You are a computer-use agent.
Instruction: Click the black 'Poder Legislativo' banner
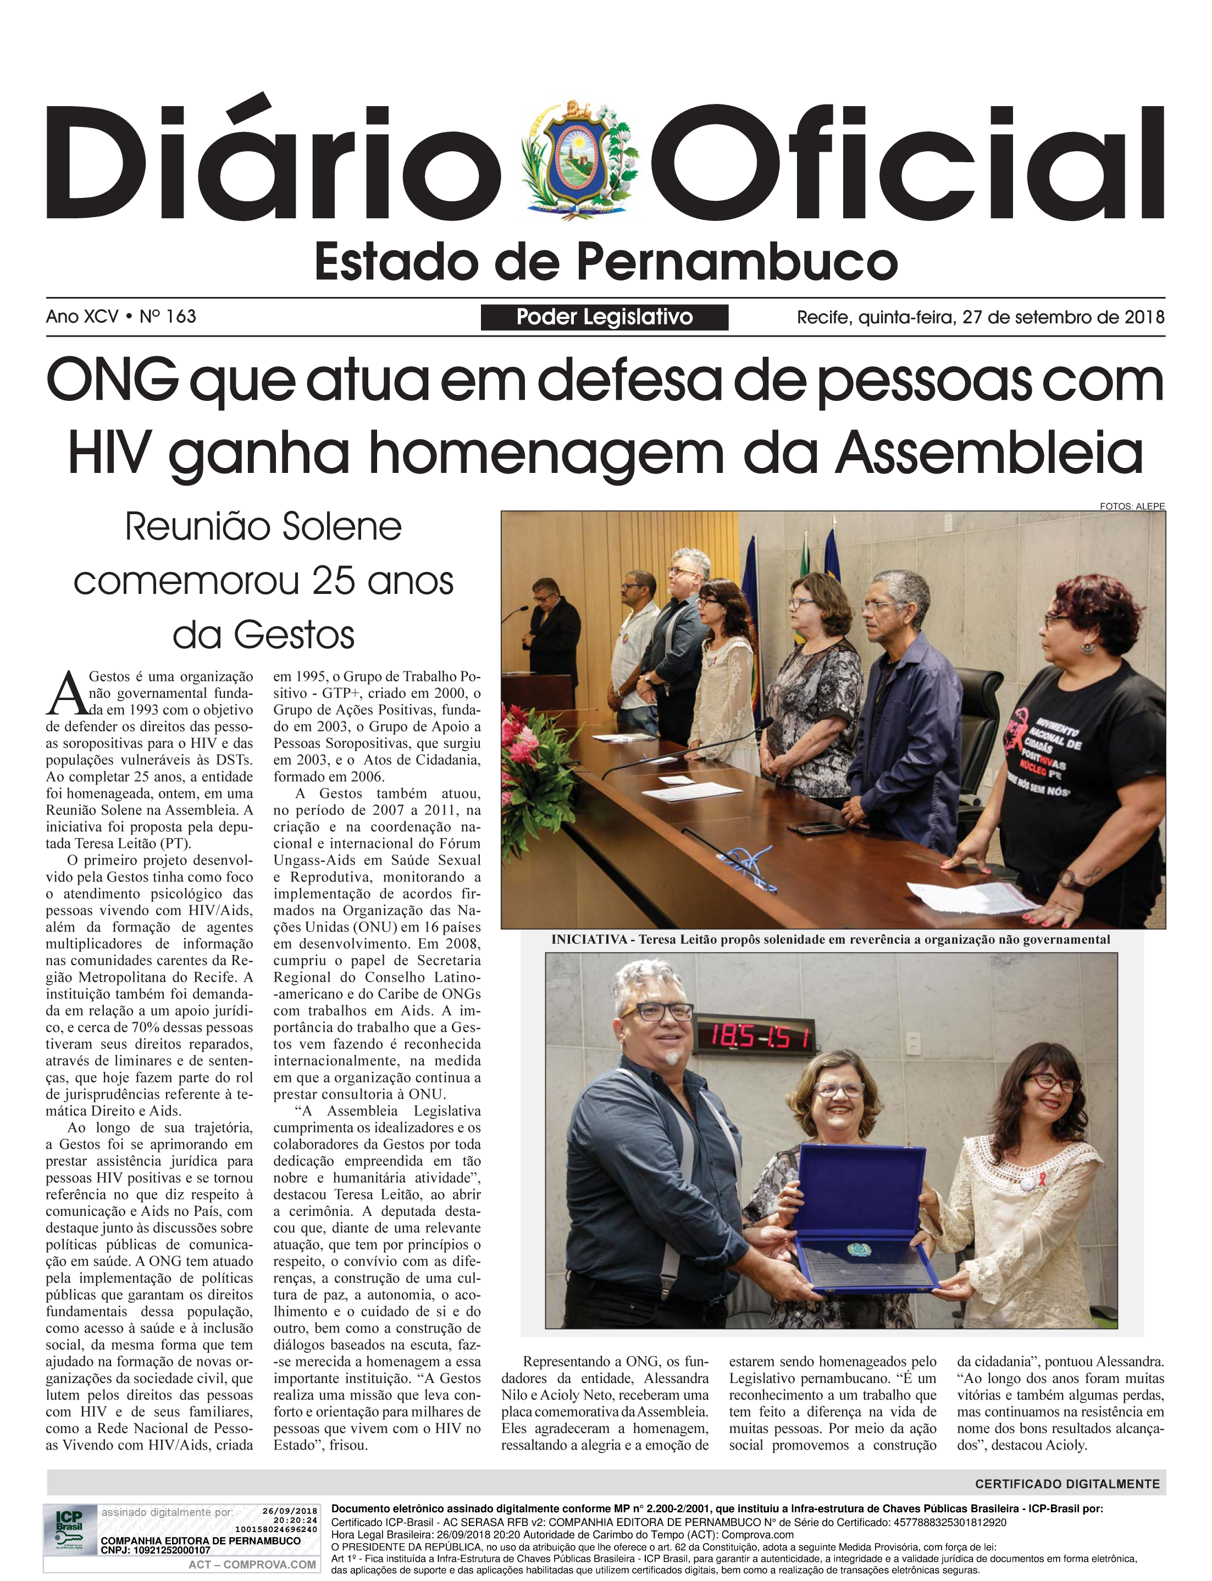point(604,317)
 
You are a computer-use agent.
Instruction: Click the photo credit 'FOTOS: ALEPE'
point(1131,506)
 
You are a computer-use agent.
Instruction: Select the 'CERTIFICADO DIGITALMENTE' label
point(1066,1484)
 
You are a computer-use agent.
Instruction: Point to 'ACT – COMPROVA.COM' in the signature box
point(252,1565)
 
